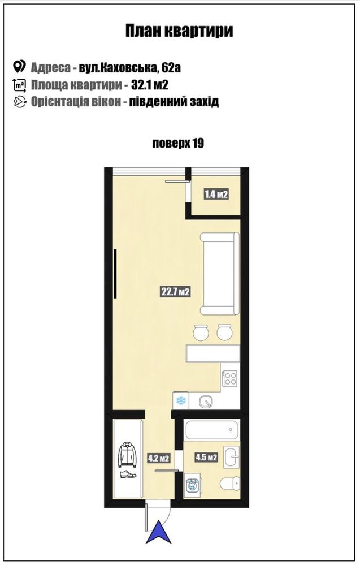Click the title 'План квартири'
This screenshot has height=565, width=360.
click(x=179, y=31)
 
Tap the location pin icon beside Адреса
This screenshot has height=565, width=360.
click(x=19, y=67)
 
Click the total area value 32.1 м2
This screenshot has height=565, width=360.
click(x=150, y=85)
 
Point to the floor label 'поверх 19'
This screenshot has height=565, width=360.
click(x=178, y=144)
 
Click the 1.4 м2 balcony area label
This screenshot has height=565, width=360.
click(x=216, y=195)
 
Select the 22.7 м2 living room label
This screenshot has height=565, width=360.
click(x=175, y=291)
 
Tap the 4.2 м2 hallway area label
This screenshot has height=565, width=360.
click(x=159, y=459)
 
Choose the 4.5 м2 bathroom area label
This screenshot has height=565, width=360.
click(x=206, y=458)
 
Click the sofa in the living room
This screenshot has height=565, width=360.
click(x=220, y=274)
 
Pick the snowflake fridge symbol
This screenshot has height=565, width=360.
click(x=180, y=400)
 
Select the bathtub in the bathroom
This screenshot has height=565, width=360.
click(x=212, y=429)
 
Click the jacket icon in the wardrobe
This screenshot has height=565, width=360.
click(x=128, y=454)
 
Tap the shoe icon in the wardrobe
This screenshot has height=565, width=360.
click(x=128, y=475)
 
